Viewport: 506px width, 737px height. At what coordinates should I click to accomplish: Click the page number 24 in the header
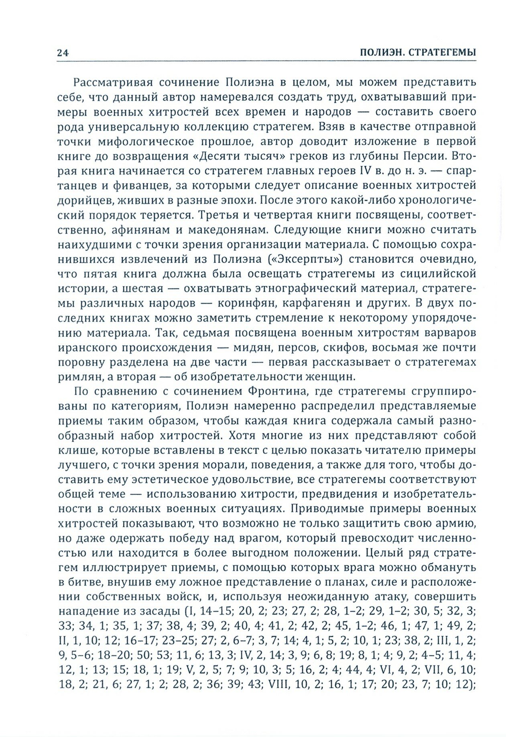(63, 53)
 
